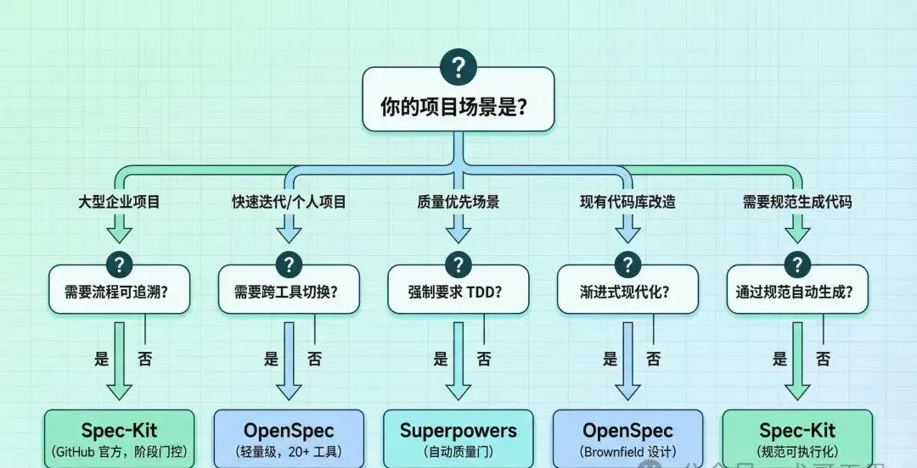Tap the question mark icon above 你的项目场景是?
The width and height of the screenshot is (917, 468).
(458, 67)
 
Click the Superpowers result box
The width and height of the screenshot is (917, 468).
(458, 438)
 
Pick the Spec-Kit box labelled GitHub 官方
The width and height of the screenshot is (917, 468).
(120, 438)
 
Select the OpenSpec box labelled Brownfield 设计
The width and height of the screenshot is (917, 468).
(627, 438)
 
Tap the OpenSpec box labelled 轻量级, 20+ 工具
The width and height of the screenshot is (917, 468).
(289, 438)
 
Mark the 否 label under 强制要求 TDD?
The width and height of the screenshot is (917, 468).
(484, 359)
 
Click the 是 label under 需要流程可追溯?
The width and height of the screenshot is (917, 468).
(102, 359)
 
